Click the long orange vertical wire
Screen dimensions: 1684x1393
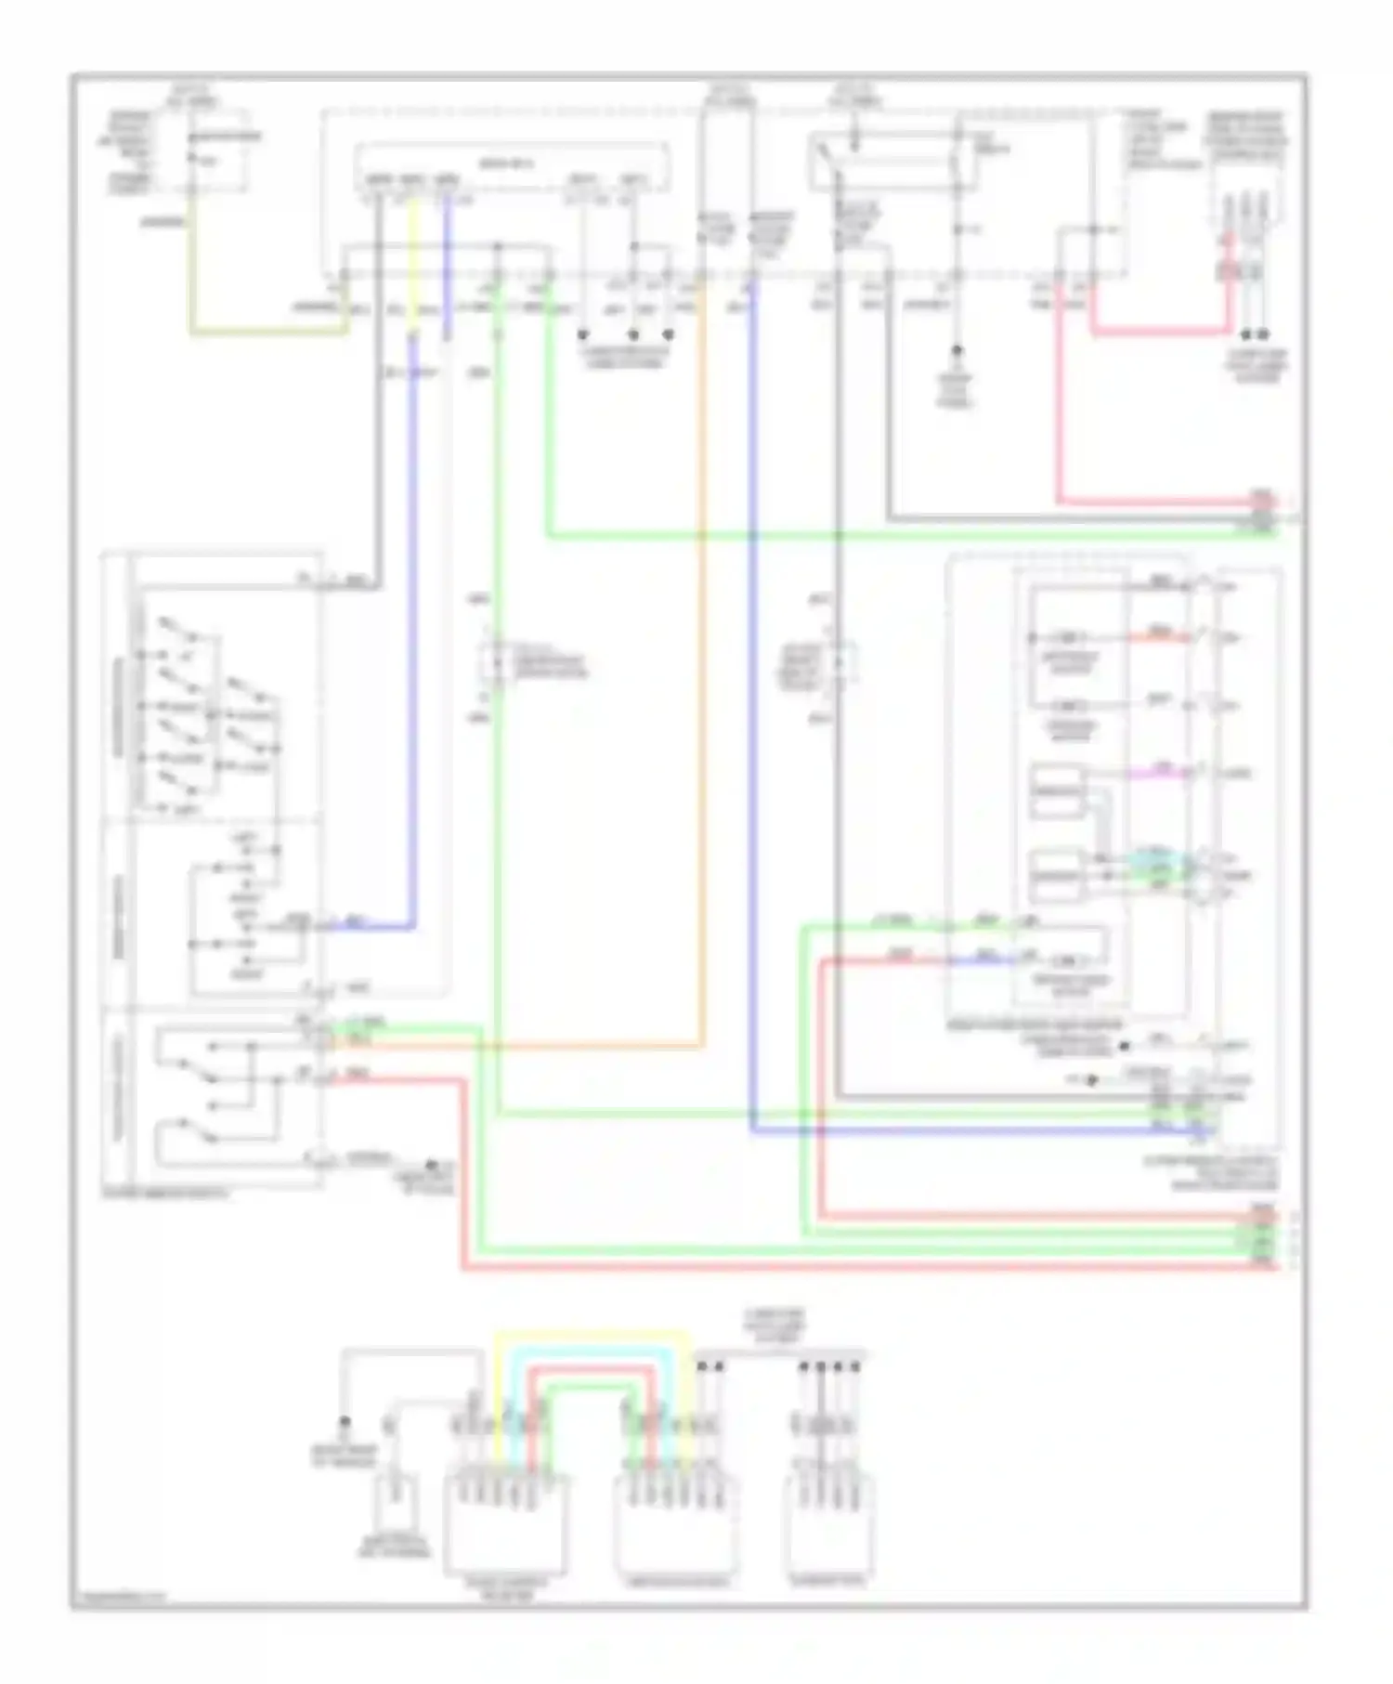tap(703, 650)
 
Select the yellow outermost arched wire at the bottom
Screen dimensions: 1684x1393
tap(594, 1335)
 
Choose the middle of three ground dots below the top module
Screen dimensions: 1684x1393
tap(633, 334)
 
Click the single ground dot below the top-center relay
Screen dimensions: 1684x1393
tap(956, 351)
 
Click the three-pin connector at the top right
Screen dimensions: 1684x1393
tap(1244, 223)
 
